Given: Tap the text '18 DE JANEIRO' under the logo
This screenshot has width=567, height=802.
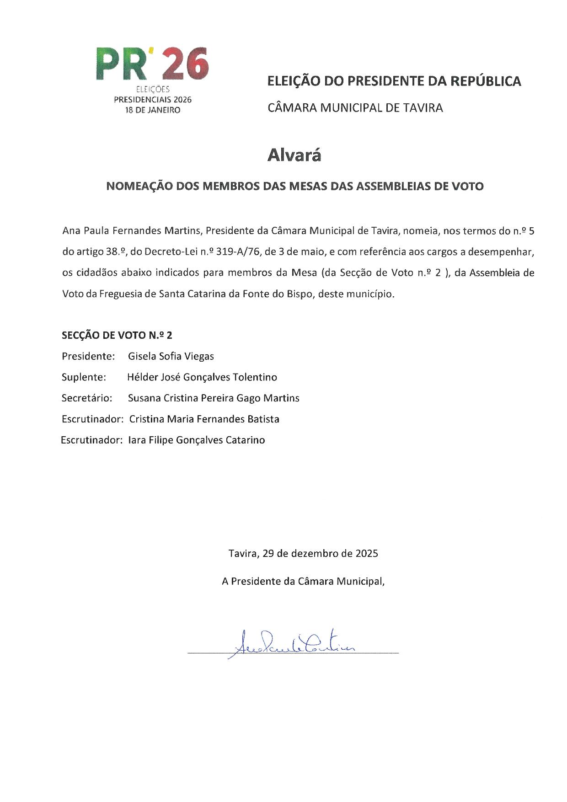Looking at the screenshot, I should pos(153,110).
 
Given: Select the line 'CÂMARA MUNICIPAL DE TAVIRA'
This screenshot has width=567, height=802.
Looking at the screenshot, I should pos(355,108).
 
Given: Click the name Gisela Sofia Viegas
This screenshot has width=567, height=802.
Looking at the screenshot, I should pos(171,356).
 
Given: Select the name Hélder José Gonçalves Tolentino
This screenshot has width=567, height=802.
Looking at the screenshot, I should pos(202,377).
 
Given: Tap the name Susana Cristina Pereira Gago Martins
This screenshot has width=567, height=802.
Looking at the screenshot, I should pos(214,398).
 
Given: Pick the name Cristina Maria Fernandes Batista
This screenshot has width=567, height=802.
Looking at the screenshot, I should pos(204,419).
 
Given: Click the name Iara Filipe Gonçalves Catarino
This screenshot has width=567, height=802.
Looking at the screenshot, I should pos(197,440).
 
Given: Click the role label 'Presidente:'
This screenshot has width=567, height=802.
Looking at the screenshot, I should pos(88,356).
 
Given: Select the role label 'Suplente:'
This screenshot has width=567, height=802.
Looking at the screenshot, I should pos(84,377).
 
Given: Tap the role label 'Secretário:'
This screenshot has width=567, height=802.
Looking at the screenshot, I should pos(87,398).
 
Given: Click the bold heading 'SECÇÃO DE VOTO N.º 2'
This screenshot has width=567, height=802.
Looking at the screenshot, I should pos(117,335).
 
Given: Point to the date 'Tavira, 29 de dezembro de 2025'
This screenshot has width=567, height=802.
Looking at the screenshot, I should pos(303,554).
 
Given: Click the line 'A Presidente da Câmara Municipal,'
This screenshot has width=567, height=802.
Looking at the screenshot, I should pos(303,582).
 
